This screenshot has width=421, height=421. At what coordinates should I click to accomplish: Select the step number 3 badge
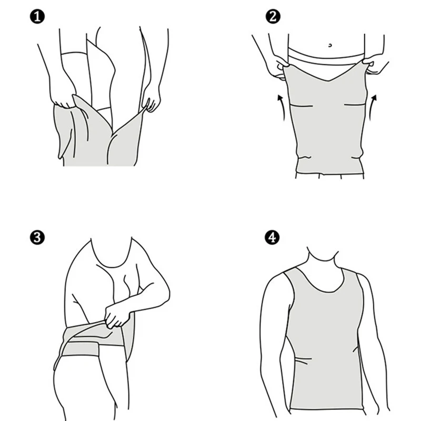coord(37,237)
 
